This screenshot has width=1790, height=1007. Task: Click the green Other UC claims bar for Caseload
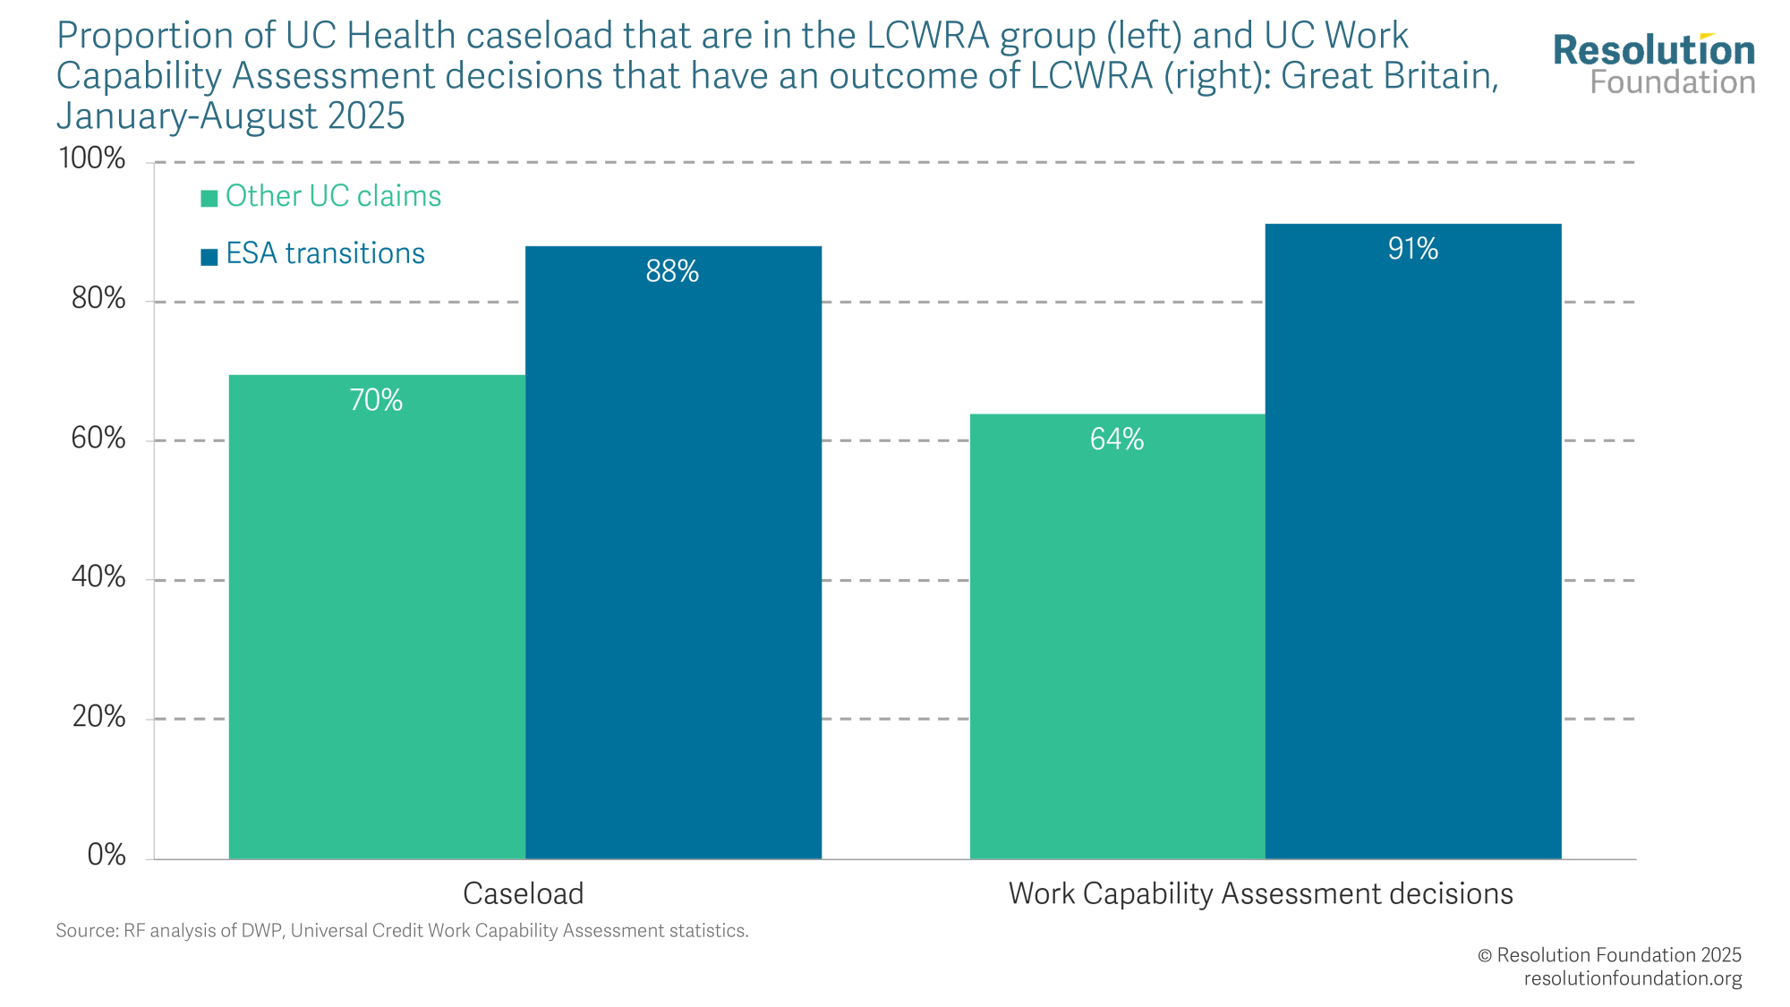377,627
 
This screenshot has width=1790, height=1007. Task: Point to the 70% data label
376,400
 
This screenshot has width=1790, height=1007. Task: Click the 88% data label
672,271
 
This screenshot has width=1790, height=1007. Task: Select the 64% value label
1117,439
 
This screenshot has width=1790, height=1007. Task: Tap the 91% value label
1413,249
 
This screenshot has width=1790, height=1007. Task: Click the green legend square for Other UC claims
209,199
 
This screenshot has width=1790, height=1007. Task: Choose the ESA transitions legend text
325,254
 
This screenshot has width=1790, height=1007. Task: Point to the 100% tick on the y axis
92,159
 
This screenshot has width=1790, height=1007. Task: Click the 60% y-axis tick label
98,439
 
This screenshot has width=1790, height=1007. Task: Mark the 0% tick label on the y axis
107,856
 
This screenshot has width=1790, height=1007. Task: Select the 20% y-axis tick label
98,717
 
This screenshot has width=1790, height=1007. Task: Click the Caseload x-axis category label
524,893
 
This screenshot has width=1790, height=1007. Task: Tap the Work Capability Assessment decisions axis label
1260,893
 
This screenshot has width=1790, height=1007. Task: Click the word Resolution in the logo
1654,51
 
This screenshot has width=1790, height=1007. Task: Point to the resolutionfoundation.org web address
1632,978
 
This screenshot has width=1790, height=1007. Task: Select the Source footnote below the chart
402,931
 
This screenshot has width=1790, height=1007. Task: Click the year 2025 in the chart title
366,116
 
